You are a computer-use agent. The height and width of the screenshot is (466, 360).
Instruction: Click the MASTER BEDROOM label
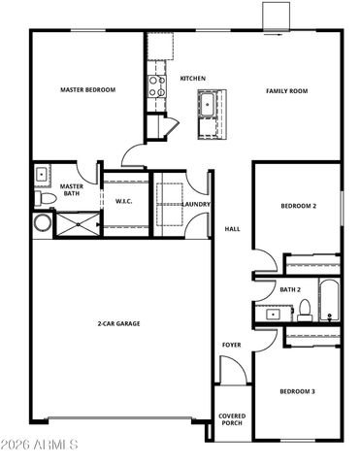[87, 90]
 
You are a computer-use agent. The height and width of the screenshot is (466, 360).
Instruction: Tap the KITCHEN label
[192, 78]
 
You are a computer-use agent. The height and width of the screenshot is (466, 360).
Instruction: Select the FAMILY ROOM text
[286, 90]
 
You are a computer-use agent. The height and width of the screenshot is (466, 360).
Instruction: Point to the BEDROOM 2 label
[298, 206]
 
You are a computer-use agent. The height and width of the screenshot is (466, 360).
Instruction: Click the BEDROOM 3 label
[297, 391]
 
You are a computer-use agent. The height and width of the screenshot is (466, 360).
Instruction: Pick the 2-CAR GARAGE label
[118, 323]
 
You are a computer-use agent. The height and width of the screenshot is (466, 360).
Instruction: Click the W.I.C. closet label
[123, 202]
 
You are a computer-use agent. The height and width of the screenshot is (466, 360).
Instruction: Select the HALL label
[232, 229]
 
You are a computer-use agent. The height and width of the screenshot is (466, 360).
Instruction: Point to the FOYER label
[232, 344]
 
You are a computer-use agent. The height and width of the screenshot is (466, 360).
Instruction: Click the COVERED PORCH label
[232, 418]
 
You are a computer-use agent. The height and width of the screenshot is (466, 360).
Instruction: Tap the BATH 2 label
[290, 289]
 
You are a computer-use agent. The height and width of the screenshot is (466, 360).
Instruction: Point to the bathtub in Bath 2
[329, 300]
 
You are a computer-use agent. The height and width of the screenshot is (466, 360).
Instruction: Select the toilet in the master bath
[43, 198]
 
